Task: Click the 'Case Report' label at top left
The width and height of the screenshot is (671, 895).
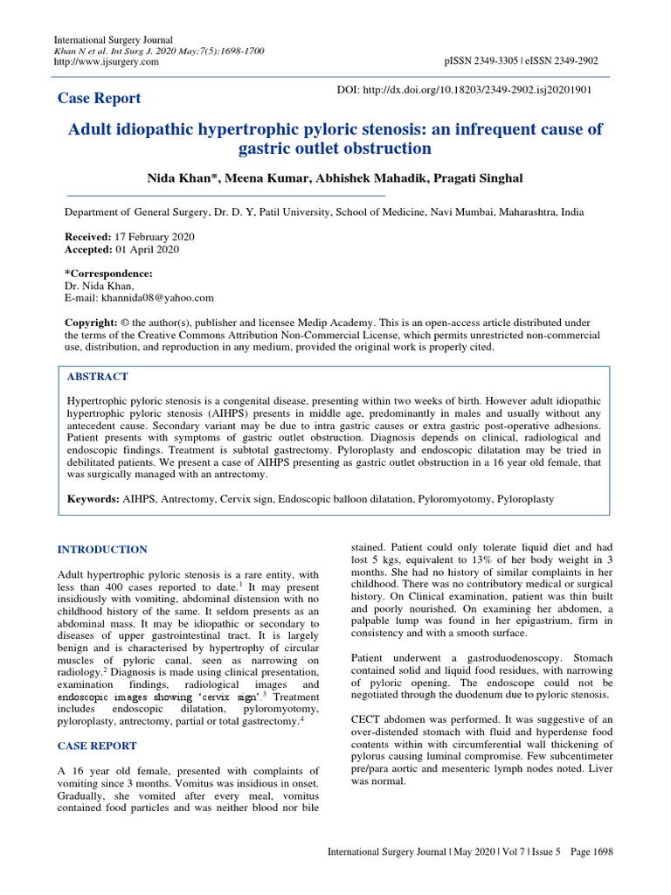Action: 99,98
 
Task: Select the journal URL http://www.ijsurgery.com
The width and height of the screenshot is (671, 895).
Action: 107,62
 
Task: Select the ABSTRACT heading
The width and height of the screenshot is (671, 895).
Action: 98,377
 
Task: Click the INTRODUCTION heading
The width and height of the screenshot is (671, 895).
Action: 102,549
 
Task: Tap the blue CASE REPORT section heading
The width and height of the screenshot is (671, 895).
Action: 96,746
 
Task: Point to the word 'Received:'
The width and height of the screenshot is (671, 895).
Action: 88,237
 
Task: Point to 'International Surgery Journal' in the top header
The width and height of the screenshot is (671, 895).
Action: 114,40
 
